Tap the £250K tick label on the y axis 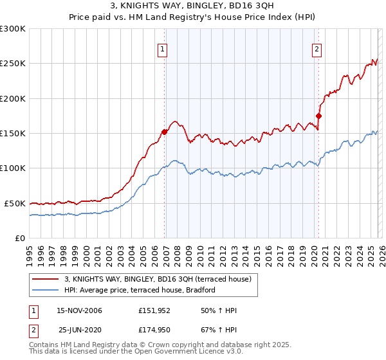tap(12, 64)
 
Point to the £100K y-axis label tap(12, 168)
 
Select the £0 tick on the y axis tap(21, 238)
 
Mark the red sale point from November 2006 tap(164, 132)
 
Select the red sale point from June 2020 tap(318, 116)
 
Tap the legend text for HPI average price tap(139, 290)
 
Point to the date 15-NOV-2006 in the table tap(80, 310)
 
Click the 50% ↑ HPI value tap(219, 310)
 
